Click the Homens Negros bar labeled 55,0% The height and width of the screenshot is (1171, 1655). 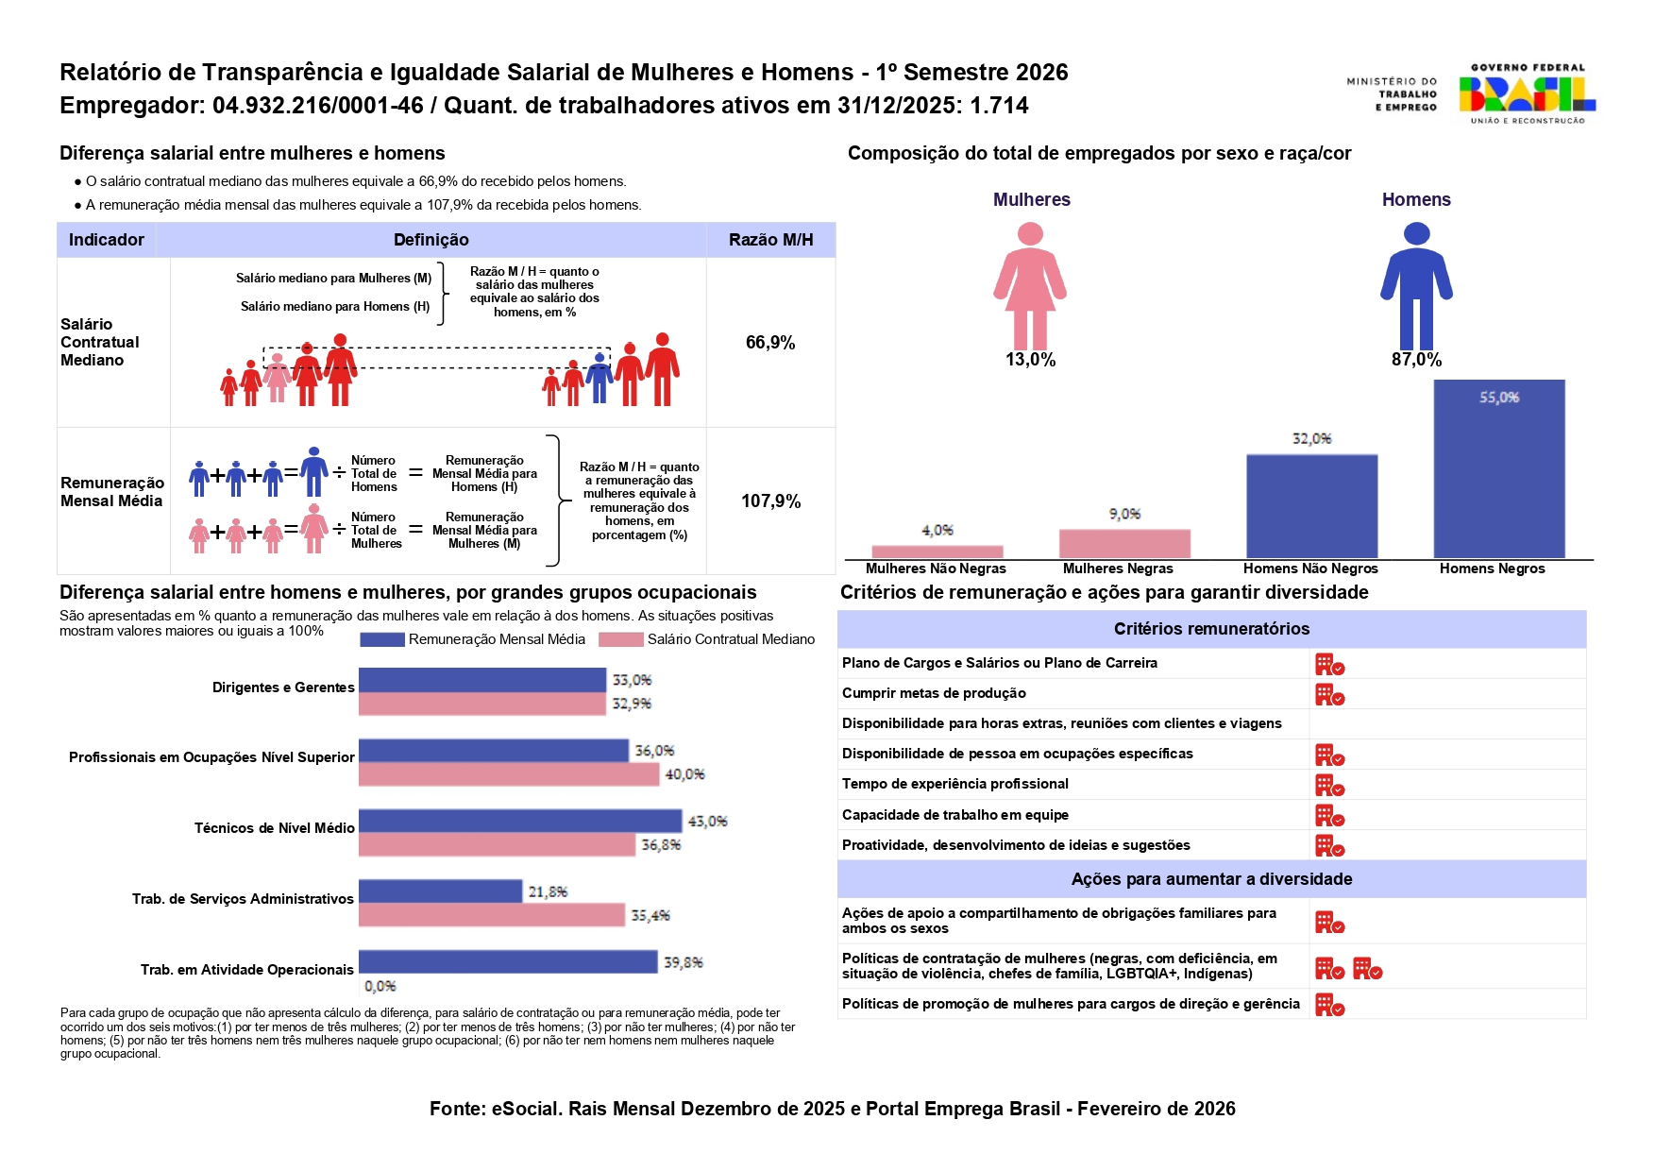point(1498,468)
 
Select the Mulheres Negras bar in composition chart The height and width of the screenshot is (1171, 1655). point(1124,543)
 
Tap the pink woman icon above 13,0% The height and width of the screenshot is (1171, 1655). point(1030,285)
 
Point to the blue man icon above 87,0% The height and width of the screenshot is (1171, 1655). point(1416,285)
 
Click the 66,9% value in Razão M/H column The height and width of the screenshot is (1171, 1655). point(770,343)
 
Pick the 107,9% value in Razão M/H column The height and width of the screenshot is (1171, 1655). point(770,501)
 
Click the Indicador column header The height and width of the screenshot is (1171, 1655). point(106,240)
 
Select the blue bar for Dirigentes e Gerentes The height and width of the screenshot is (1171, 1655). point(482,680)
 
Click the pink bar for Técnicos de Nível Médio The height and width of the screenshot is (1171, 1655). point(497,844)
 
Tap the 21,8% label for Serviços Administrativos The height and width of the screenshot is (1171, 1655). point(548,891)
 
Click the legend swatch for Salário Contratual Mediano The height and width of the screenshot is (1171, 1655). point(620,639)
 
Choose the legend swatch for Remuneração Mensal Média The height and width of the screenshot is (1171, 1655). point(382,639)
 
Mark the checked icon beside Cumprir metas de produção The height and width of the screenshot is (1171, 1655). point(1329,695)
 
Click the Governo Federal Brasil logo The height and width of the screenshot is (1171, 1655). point(1527,93)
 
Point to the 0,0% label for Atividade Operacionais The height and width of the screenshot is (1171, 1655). point(380,986)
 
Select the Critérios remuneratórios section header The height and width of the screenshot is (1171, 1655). point(1211,629)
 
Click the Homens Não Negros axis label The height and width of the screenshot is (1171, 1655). point(1310,569)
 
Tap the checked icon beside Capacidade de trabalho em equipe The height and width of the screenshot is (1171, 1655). point(1329,816)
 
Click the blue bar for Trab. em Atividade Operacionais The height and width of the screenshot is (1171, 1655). point(508,962)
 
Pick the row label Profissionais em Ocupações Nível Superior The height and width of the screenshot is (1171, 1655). point(211,757)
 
